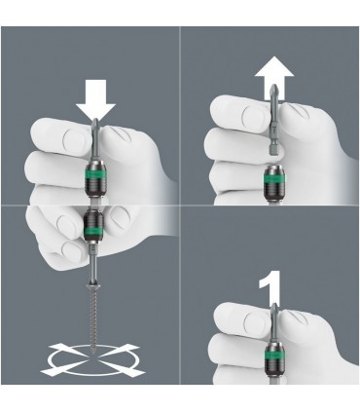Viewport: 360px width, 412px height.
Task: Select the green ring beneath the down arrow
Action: (x=96, y=179)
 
